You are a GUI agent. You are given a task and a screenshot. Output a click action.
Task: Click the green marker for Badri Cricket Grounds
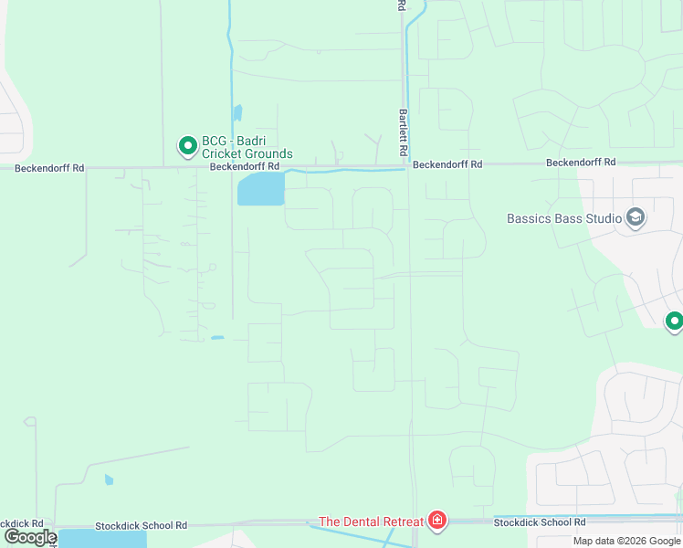point(187,145)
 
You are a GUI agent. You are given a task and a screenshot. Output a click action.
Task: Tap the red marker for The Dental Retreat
point(437,522)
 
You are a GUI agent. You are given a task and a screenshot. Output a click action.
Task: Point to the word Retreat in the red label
point(400,522)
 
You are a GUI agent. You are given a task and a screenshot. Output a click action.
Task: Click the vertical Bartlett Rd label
point(402,132)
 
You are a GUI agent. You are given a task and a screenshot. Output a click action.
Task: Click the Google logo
point(31,537)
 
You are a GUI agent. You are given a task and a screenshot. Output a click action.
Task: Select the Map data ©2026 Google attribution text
point(626,541)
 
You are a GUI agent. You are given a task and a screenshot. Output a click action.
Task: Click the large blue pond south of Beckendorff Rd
point(260,190)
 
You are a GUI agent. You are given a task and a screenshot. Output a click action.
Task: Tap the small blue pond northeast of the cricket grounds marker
point(237,113)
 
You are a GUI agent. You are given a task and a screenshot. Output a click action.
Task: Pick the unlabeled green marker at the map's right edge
point(674,321)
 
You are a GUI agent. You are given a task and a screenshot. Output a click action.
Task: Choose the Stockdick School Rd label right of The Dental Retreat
point(539,523)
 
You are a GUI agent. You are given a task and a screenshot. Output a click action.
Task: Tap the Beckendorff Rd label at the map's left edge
point(49,168)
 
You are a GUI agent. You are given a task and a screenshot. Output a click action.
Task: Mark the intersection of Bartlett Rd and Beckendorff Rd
point(406,167)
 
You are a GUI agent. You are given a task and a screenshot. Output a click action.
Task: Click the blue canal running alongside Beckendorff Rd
point(347,171)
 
